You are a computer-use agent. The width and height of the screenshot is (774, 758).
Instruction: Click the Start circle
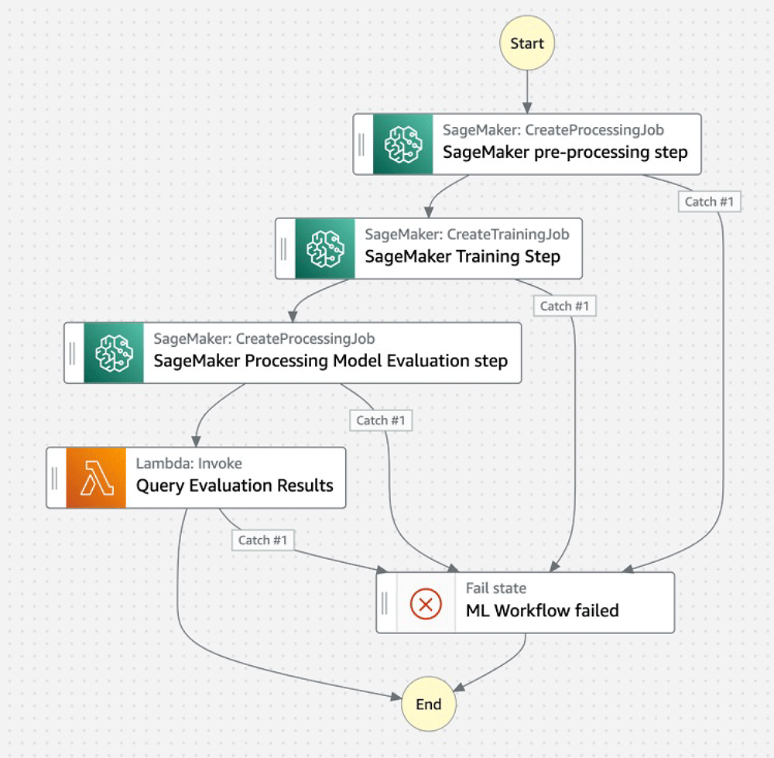526,43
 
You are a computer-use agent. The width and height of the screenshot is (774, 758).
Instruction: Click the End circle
429,704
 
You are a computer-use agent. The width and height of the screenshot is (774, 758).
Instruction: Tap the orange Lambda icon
96,478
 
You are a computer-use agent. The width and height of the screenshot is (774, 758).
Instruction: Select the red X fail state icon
426,603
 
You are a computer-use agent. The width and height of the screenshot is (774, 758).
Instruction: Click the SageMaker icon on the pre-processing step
402,144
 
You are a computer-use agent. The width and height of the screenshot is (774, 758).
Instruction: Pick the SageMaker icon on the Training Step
325,249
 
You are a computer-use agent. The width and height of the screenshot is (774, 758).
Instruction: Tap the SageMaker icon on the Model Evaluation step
114,352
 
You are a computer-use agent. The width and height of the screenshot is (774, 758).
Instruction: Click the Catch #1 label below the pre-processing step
709,201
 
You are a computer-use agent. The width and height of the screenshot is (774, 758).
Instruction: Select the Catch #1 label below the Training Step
564,306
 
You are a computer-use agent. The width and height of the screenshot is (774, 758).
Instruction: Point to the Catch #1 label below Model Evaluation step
381,420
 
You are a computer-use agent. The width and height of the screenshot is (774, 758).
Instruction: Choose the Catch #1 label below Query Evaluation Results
262,540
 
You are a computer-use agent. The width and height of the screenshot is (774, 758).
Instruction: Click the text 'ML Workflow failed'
542,610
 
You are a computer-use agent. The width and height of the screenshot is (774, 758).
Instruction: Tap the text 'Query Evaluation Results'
235,485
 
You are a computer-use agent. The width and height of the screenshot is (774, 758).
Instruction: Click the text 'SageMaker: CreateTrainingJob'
467,234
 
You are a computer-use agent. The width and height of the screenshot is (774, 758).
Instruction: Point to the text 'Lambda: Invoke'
189,463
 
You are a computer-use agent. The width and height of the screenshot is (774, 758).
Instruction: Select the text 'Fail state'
496,588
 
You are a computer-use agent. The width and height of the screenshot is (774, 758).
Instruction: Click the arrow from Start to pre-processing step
527,92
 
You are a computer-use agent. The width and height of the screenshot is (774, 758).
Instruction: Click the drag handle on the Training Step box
284,249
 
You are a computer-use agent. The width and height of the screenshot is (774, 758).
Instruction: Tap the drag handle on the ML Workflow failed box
385,603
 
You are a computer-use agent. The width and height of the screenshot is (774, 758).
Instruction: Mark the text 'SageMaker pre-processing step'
565,152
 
